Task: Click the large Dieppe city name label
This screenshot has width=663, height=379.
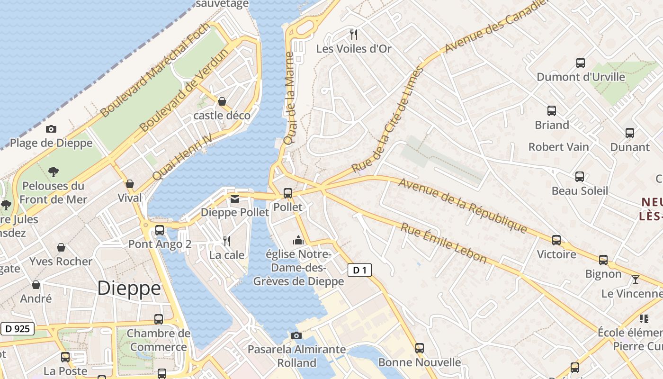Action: click(129, 288)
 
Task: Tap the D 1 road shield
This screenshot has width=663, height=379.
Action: click(360, 271)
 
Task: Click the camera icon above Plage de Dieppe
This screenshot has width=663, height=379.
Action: click(51, 129)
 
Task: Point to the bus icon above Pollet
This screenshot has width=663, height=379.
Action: click(287, 193)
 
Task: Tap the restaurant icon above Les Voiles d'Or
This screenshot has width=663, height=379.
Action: click(353, 34)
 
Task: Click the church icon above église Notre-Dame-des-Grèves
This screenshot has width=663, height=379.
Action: click(298, 240)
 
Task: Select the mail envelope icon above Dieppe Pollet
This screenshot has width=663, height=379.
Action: click(235, 199)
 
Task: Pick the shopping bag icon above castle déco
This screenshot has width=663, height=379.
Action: click(222, 101)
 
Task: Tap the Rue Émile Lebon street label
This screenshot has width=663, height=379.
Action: click(443, 243)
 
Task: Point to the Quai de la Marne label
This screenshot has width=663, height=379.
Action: click(289, 99)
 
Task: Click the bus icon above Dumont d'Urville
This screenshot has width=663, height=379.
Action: click(581, 63)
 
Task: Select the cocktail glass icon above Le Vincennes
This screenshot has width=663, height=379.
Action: click(635, 280)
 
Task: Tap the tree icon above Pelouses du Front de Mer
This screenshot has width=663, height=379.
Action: click(54, 171)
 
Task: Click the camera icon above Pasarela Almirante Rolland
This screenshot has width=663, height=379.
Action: click(296, 336)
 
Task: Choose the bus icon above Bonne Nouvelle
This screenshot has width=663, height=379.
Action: click(419, 348)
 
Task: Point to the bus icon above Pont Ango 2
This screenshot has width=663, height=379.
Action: click(160, 230)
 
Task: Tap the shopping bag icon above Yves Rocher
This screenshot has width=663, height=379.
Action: click(61, 247)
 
